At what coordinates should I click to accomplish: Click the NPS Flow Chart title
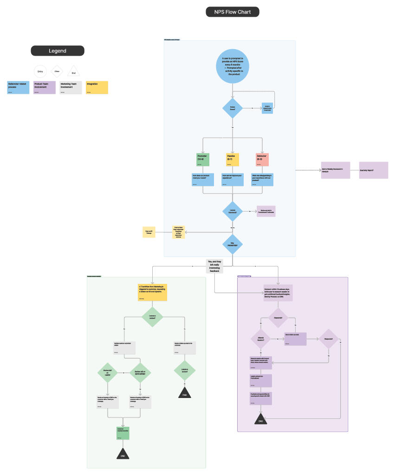tap(232, 12)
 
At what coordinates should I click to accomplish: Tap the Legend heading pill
tap(58, 51)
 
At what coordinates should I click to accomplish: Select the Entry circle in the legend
tap(40, 71)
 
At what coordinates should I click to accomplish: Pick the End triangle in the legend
tap(73, 71)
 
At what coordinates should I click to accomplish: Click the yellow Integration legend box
tap(96, 87)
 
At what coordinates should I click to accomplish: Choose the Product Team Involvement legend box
tap(44, 87)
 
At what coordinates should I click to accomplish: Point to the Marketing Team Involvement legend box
tap(71, 87)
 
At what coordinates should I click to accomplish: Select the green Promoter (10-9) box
tap(203, 159)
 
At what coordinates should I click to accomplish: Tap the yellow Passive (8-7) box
tap(233, 159)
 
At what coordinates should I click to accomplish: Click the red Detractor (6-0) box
tap(262, 159)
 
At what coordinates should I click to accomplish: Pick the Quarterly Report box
tap(373, 170)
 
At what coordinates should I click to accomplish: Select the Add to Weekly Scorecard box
tap(335, 170)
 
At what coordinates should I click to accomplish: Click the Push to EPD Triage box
tap(149, 232)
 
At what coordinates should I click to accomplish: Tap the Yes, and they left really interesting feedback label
tap(214, 265)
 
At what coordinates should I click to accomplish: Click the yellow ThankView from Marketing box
tap(152, 292)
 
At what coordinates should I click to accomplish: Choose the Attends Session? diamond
tap(260, 340)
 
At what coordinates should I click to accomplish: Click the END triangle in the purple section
tap(261, 420)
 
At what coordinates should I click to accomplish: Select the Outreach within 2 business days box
tap(279, 294)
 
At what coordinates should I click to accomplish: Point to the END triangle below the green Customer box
tap(123, 454)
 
